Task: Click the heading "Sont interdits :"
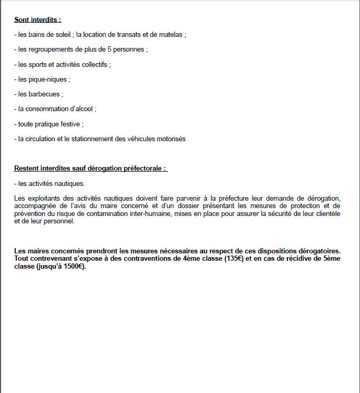[37, 20]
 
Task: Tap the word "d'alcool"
[81, 109]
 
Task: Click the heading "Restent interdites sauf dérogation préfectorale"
[90, 169]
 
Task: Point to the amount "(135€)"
[231, 259]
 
